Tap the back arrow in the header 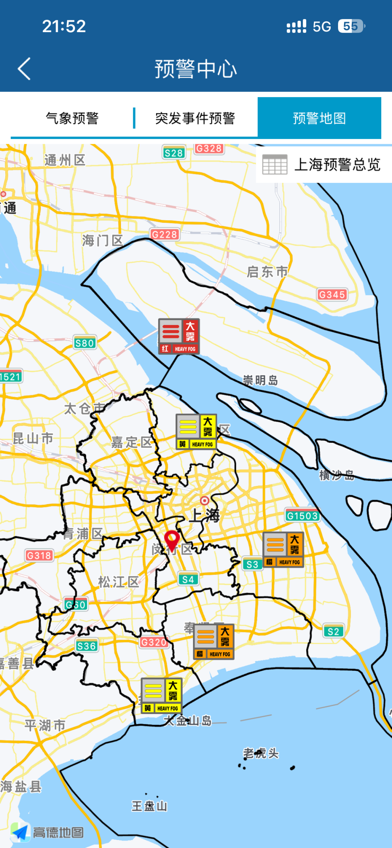pos(24,69)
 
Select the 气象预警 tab pos(72,118)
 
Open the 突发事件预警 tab pos(195,118)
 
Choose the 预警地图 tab pos(319,118)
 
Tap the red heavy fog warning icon pos(179,336)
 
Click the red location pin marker pos(172,540)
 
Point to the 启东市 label pos(267,272)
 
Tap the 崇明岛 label pos(260,380)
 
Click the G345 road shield pos(332,295)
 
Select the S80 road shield pos(85,343)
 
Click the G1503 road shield pos(302,516)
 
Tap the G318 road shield pos(39,555)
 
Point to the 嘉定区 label pos(131,442)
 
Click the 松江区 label pos(118,582)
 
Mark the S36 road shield pos(87,646)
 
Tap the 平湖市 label pos(45,725)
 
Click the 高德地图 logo pos(47,832)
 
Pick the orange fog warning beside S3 pos(283,550)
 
